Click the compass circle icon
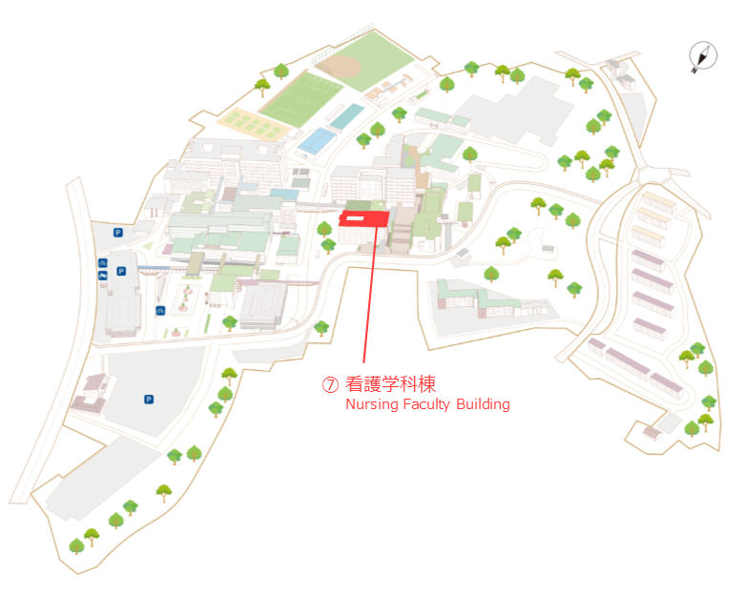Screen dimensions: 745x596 704,55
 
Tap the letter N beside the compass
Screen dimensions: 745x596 694,71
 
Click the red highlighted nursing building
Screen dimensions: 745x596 363,219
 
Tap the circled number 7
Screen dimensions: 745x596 330,384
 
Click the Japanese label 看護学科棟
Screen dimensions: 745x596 390,384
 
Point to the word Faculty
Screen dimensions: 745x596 426,404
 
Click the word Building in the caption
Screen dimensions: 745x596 483,404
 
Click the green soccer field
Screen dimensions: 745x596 300,99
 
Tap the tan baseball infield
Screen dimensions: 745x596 342,67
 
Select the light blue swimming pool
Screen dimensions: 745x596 317,140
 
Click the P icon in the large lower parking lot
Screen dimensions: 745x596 149,400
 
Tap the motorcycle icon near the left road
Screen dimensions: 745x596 103,276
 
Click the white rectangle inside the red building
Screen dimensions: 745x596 356,218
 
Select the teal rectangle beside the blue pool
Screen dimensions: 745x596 347,116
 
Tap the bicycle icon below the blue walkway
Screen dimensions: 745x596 160,311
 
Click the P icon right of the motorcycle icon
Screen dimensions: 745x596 121,271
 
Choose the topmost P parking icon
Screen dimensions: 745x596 118,233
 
